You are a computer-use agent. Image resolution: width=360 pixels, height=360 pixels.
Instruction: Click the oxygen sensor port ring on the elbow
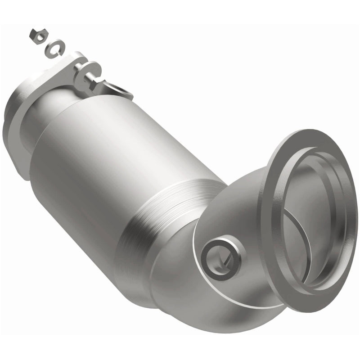220,256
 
